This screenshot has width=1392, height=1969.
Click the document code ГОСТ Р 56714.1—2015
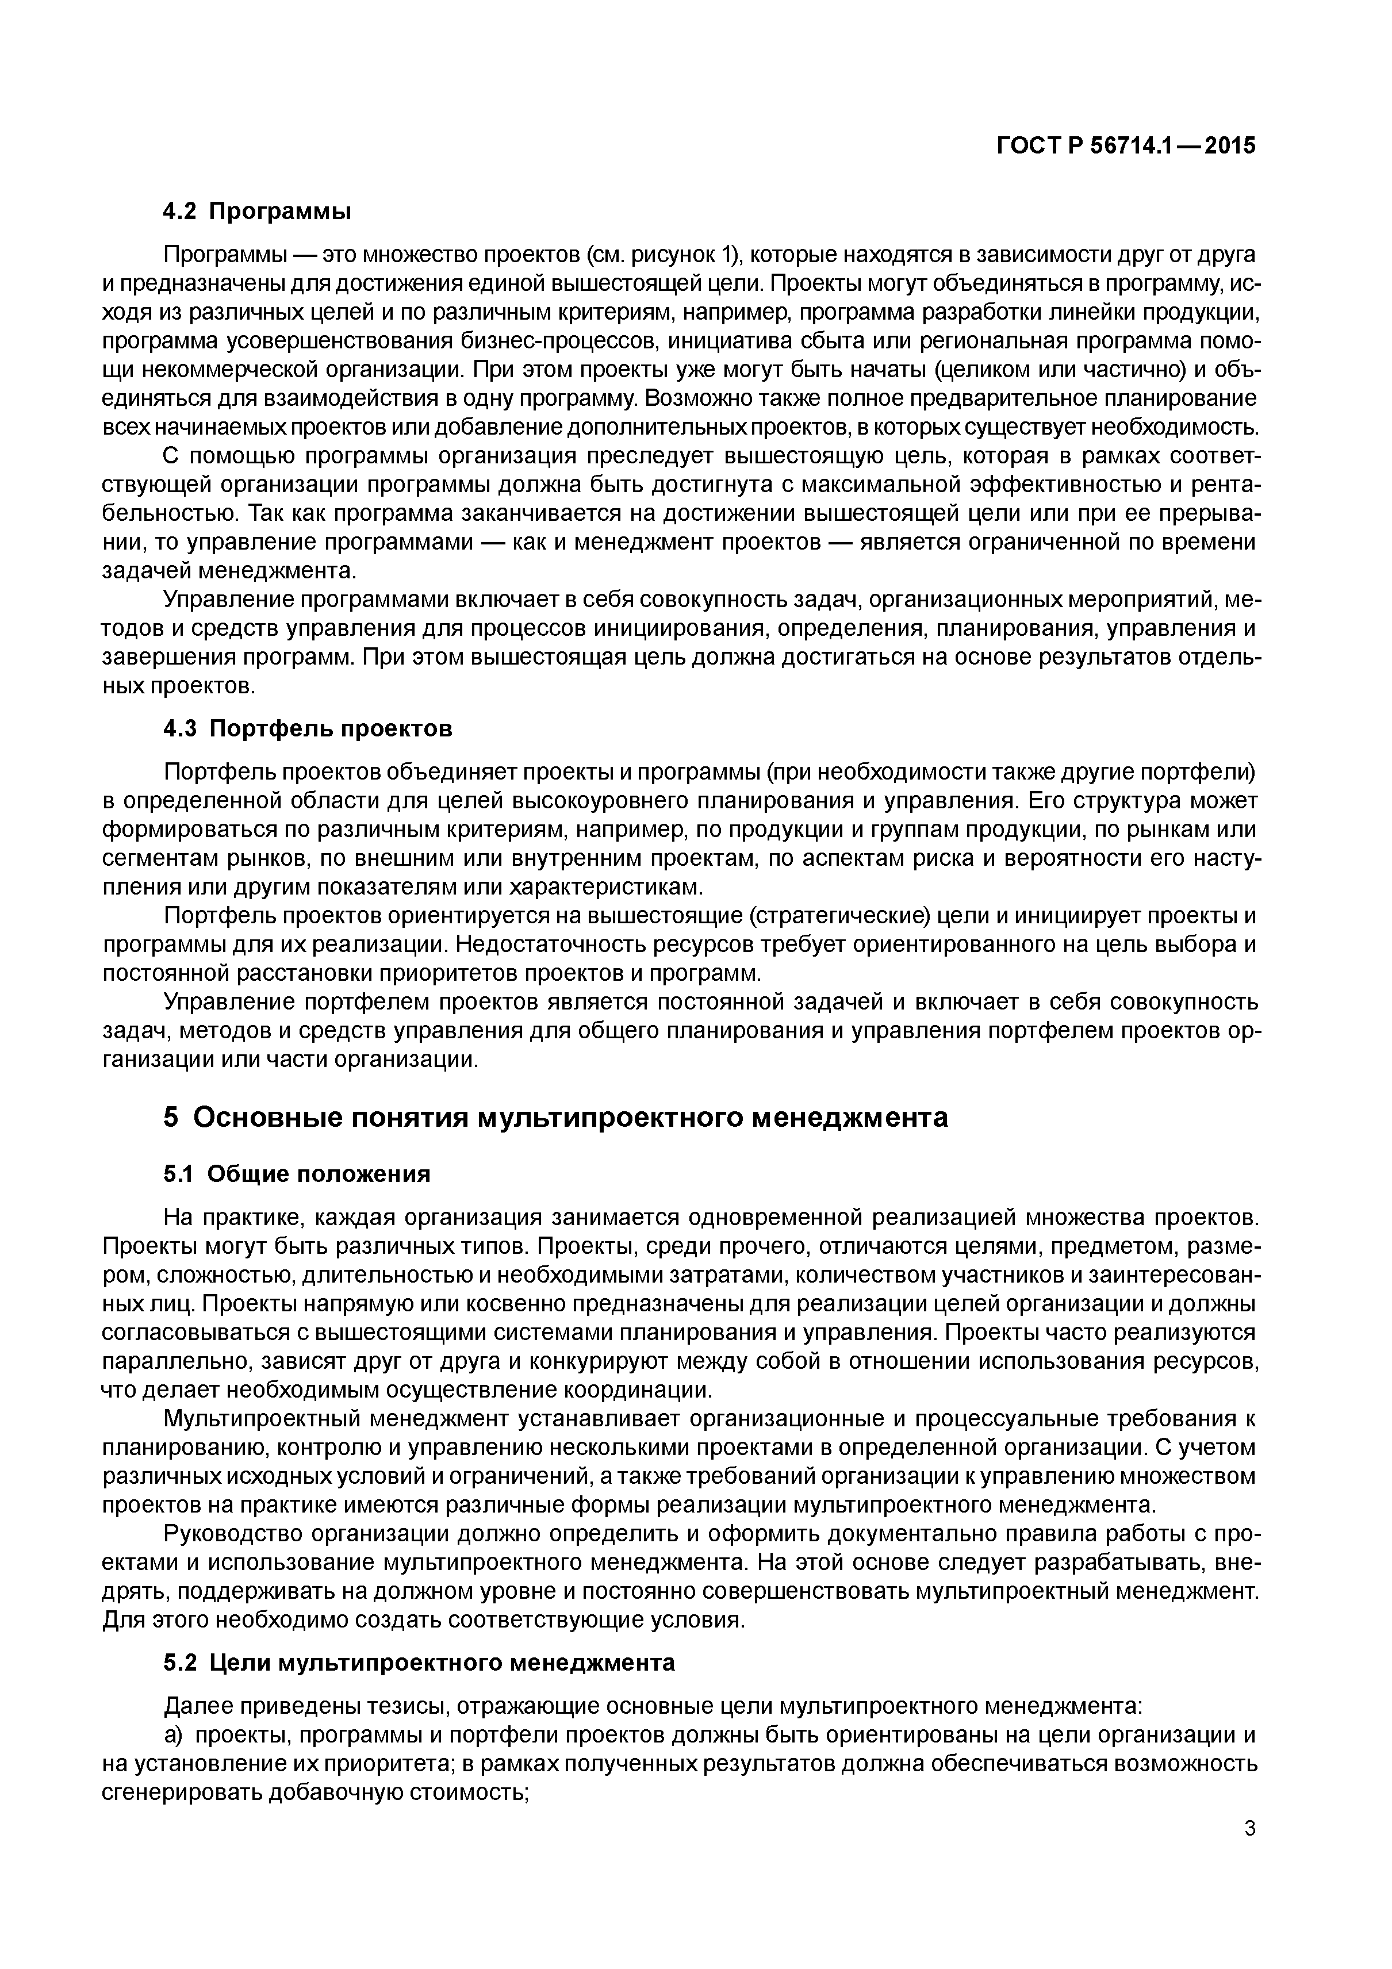click(x=1125, y=147)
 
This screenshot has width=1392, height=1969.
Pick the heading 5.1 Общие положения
click(x=297, y=1173)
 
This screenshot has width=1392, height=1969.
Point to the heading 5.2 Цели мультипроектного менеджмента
click(x=419, y=1663)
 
